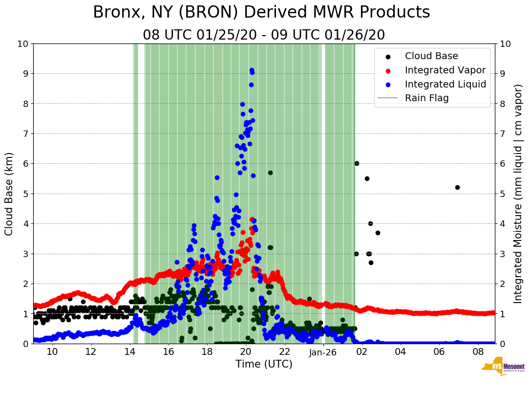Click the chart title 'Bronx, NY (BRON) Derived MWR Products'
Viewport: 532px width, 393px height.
[x=261, y=13]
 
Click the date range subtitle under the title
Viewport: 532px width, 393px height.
[x=264, y=35]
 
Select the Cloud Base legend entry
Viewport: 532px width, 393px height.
[x=431, y=56]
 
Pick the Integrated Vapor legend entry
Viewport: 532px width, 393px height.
[x=445, y=70]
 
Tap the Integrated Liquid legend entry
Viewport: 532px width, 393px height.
[x=445, y=84]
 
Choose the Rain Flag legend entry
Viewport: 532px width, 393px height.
[x=426, y=98]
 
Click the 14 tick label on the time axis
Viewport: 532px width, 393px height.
[x=129, y=351]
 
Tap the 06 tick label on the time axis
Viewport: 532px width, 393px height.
[x=439, y=351]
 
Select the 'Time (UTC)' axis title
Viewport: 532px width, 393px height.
[x=264, y=364]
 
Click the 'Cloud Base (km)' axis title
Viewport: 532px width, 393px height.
[x=9, y=194]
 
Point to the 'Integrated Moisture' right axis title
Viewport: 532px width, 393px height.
[x=518, y=194]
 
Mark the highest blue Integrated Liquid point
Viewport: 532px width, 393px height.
[x=252, y=70]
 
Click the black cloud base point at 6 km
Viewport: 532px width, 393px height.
[x=357, y=163]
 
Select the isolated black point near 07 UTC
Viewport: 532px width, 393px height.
[x=457, y=187]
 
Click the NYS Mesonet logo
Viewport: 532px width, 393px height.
[x=503, y=369]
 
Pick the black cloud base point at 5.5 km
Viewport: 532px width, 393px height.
[x=367, y=178]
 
